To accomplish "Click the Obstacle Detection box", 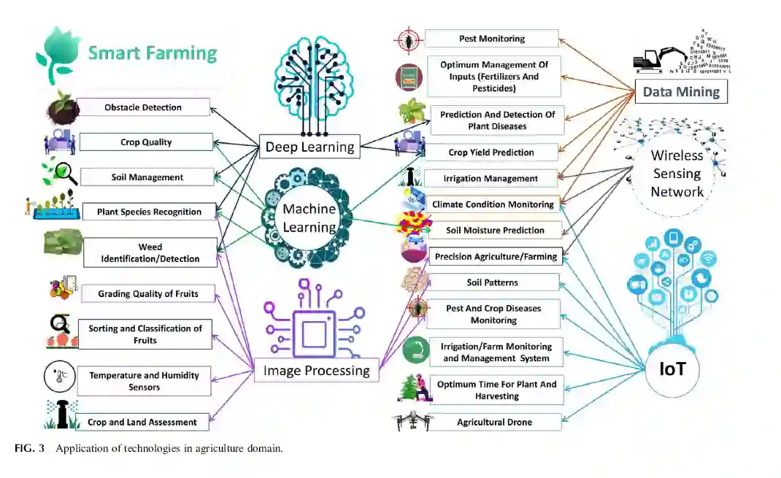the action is pos(143,107).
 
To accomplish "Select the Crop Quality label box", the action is pos(146,142).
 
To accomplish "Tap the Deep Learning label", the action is pos(309,147).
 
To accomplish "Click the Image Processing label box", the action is pos(316,371).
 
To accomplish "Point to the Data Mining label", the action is pos(680,92).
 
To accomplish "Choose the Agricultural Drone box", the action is pos(494,422).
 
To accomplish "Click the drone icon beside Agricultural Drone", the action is pos(412,422).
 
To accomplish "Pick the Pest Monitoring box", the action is pos(491,39).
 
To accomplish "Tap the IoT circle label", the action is pos(672,369).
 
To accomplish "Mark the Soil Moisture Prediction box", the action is pos(495,230).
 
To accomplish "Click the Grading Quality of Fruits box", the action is pos(147,294).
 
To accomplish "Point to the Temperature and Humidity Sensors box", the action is pos(144,381).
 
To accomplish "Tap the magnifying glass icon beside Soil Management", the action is pos(62,175).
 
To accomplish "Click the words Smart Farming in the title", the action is pos(153,53).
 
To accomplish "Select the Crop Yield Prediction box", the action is pos(490,153).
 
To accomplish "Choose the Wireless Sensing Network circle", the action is pos(677,174).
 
